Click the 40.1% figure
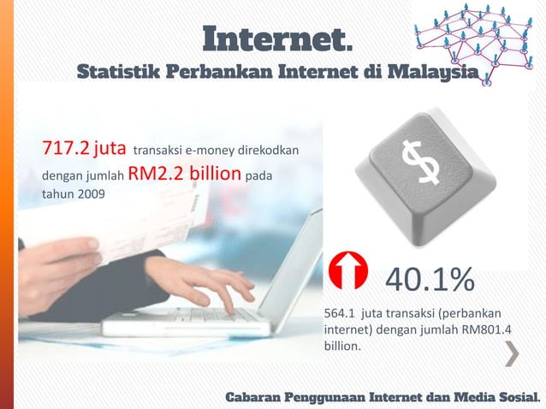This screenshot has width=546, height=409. [429, 279]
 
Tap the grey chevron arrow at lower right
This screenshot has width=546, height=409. [512, 354]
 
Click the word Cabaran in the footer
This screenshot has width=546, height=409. [255, 397]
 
